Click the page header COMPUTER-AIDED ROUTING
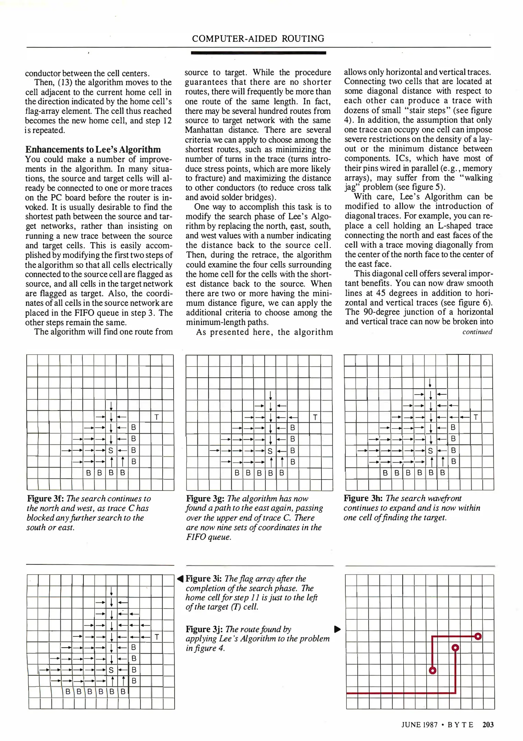point(258,38)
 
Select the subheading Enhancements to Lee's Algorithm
point(93,150)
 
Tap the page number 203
point(488,724)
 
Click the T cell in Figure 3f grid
point(156,417)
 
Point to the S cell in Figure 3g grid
point(270,451)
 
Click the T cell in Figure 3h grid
point(476,417)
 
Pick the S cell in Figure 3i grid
point(111,670)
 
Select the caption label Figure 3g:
point(205,498)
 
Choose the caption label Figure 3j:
point(204,629)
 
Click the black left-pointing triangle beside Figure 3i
point(180,579)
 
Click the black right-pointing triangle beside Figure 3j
point(337,629)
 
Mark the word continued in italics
point(477,332)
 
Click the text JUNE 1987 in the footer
point(419,725)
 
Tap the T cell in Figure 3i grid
point(157,637)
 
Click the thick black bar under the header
point(258,53)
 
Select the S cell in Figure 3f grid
point(111,450)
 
